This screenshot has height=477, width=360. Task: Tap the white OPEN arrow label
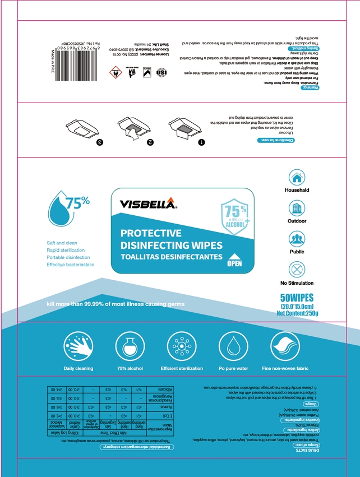233,261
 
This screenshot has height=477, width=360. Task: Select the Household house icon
297,177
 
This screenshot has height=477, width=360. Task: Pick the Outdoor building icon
297,208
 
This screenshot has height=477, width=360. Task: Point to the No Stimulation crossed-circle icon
297,270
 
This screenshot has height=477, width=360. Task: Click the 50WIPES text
297,297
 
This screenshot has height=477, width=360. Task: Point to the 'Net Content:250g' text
297,313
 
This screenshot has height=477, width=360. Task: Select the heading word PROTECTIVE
151,233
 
